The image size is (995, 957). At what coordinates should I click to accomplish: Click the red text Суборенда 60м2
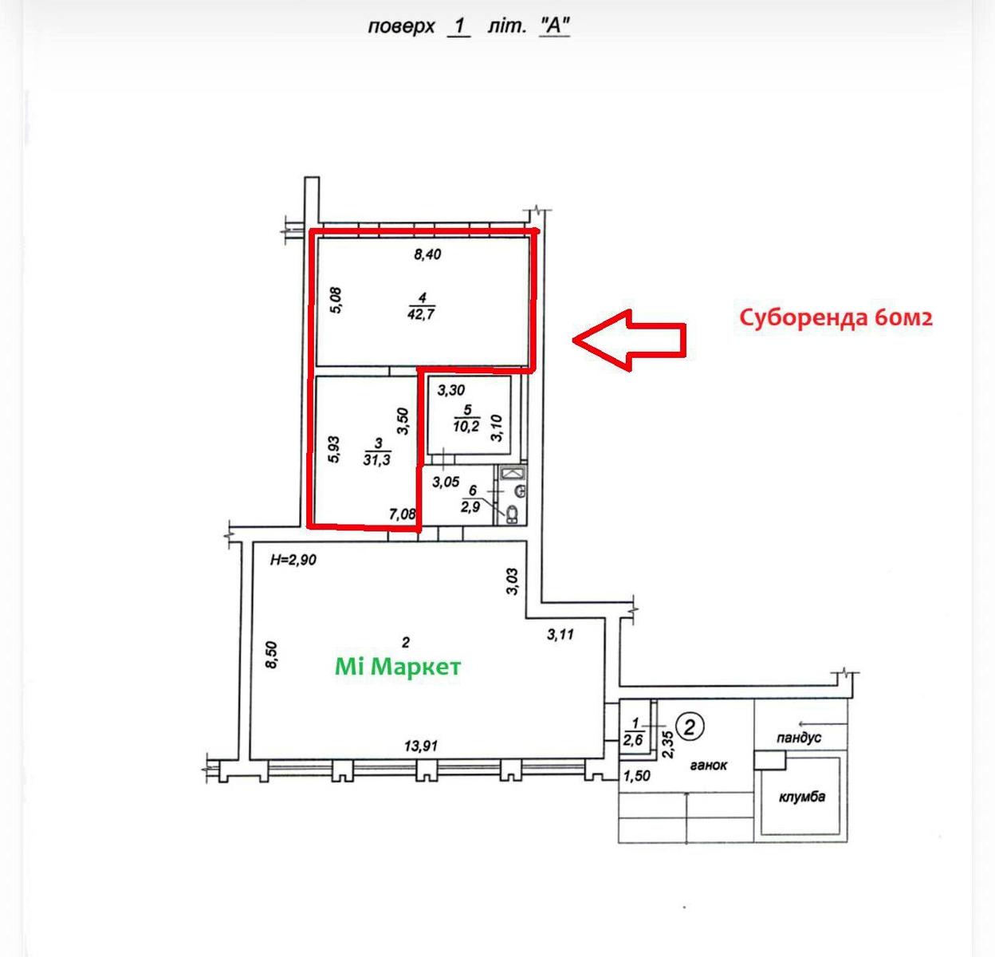tap(836, 317)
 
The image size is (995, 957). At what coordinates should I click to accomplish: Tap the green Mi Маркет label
tap(398, 667)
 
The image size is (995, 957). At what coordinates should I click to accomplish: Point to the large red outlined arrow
tap(629, 340)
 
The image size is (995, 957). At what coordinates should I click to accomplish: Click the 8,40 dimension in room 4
tap(427, 254)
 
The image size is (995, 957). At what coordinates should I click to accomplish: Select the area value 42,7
tap(421, 313)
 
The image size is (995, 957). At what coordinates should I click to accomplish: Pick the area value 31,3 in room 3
tap(377, 459)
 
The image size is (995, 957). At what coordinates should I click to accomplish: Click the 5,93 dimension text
tap(333, 449)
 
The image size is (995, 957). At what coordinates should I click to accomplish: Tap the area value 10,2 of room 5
tap(466, 426)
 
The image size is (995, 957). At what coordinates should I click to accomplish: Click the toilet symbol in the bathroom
tap(511, 514)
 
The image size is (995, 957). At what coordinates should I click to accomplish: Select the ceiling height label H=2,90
tap(293, 560)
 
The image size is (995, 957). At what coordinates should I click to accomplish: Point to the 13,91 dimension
tap(421, 746)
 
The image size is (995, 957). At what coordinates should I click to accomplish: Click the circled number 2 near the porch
tap(690, 727)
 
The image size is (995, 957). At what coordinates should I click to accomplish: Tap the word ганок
tap(709, 766)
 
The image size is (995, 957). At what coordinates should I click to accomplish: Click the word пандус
tap(799, 738)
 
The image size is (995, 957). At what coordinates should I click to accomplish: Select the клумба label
tap(802, 797)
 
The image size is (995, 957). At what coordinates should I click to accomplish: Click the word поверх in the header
tap(401, 26)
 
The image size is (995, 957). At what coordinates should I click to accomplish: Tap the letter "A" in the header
tap(555, 25)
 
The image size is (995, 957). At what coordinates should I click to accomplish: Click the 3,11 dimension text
tap(560, 635)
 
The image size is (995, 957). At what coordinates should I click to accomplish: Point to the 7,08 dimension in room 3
tap(402, 514)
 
